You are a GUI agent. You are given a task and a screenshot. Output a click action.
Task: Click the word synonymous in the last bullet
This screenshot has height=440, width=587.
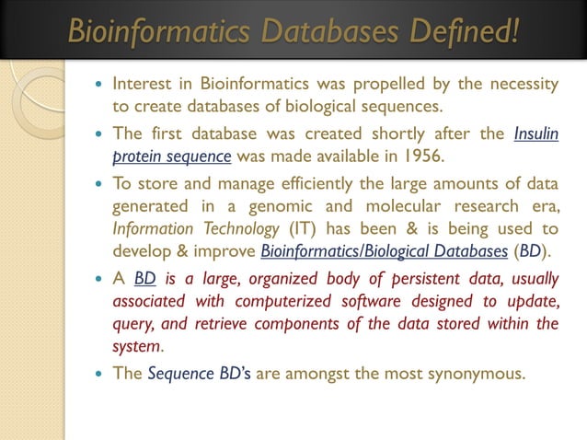click(x=476, y=375)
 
